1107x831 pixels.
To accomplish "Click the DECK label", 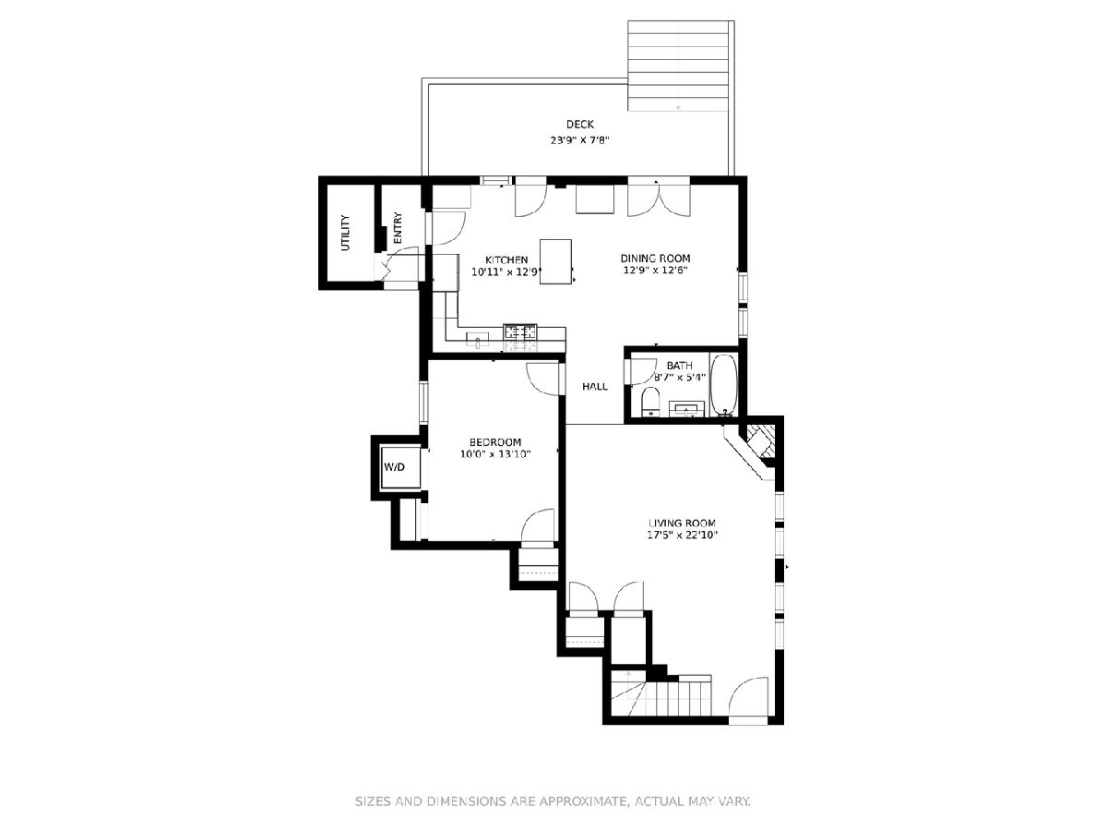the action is [x=579, y=124].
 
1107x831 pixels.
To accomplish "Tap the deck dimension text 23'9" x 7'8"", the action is [x=579, y=140].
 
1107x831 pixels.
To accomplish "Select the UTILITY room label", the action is [x=345, y=233].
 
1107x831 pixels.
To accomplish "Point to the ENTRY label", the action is [x=398, y=228].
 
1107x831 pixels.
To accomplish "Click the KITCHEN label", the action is [x=506, y=259].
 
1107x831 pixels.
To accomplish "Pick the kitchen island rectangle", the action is [x=555, y=261].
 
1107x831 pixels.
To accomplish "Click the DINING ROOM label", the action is [x=655, y=259].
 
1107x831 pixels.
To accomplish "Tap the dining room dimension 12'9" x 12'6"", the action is [x=656, y=270].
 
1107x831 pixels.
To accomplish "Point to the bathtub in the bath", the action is [x=724, y=385].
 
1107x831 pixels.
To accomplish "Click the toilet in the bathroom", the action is [x=650, y=402].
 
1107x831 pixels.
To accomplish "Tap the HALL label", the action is [x=595, y=387].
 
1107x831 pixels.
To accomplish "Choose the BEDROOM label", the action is [x=495, y=442].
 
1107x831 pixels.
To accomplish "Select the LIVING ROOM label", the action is [x=682, y=524].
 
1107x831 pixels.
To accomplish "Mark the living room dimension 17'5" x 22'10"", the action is [x=683, y=535].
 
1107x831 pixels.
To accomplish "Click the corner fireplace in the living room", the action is [x=753, y=448].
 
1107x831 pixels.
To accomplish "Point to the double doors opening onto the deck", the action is [x=659, y=198].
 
